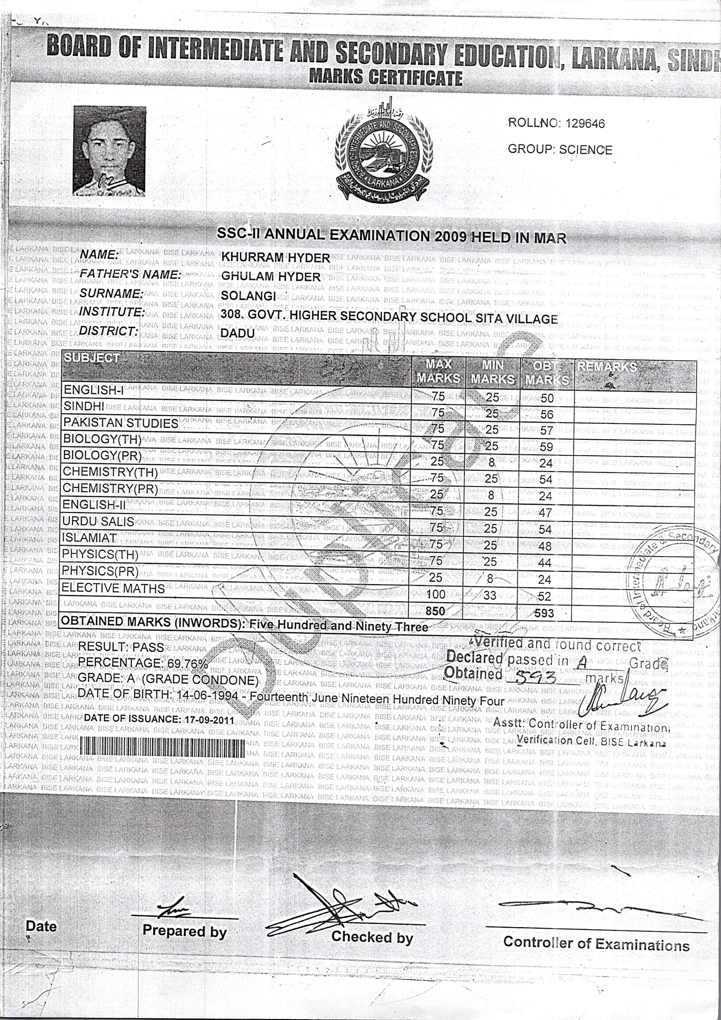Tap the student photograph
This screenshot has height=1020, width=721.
(x=110, y=151)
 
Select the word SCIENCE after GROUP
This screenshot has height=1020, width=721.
(x=585, y=150)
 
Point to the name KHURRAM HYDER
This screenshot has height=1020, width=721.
(x=275, y=257)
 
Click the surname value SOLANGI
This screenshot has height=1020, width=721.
(x=248, y=295)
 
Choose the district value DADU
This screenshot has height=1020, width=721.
(x=238, y=333)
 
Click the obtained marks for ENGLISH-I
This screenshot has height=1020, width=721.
(x=547, y=398)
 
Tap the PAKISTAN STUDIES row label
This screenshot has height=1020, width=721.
(x=121, y=423)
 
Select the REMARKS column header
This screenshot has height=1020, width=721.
(x=606, y=366)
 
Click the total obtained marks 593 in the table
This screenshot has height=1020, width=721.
(x=545, y=613)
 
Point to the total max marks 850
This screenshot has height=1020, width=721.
(x=435, y=611)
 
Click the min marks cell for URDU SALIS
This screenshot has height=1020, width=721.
(x=491, y=528)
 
